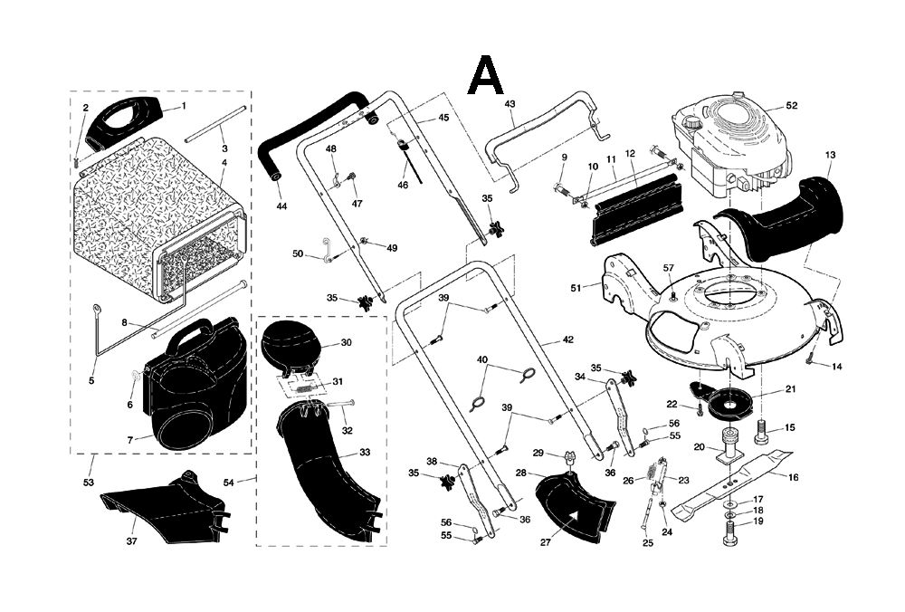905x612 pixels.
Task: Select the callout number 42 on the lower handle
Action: click(567, 340)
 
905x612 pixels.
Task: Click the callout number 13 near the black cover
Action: click(830, 156)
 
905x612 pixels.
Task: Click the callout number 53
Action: click(89, 483)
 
